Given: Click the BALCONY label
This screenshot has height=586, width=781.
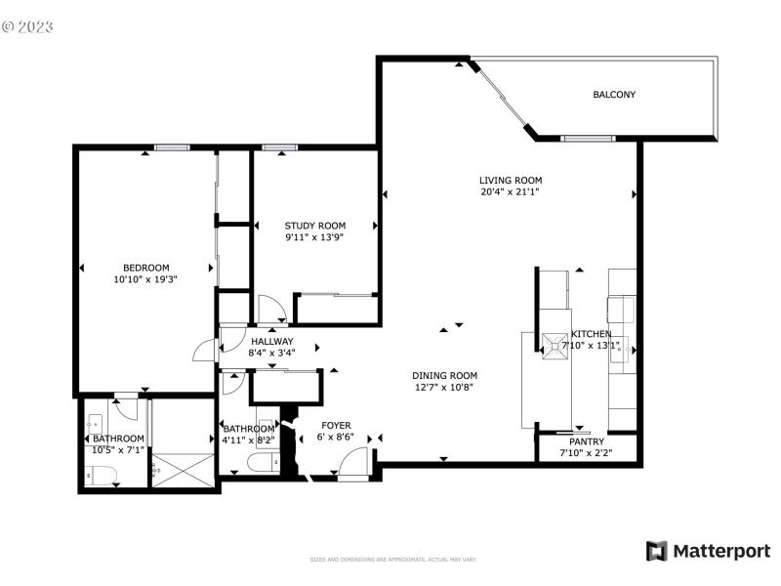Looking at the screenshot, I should tap(614, 95).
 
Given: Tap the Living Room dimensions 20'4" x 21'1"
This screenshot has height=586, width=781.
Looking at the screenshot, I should tap(510, 192).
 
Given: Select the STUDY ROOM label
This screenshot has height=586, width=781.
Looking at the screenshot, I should tap(314, 226).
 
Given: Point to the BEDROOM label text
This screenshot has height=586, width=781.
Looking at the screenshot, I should tap(145, 268).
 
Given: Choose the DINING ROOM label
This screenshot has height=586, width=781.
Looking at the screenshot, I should tap(444, 375).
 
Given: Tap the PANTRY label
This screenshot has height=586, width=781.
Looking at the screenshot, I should tap(587, 441).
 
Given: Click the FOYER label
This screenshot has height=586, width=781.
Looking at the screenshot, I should tap(337, 426).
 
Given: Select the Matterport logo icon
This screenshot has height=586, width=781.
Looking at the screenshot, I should tap(656, 551).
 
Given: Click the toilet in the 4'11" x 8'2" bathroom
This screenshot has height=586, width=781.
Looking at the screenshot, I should tap(260, 462).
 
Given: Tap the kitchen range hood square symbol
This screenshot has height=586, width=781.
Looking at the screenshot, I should tap(555, 345).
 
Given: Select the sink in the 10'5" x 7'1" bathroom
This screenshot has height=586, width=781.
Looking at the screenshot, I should tap(95, 425).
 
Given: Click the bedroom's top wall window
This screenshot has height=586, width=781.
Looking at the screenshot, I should tap(171, 147).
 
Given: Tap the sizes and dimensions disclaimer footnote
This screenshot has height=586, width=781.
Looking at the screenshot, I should tap(392, 560).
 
